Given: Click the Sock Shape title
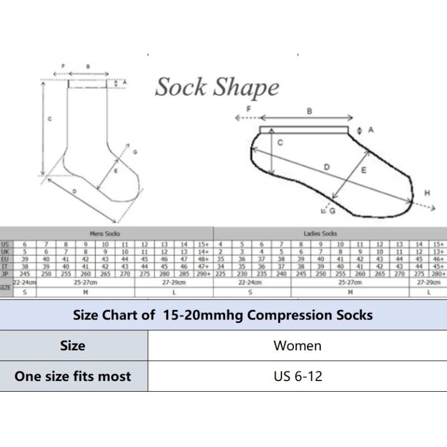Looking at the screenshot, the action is [217, 88].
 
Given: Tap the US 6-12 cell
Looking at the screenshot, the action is [298, 376].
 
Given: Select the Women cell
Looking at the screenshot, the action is [297, 345].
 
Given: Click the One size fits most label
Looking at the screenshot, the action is [73, 376].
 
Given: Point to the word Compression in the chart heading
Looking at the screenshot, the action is [282, 315].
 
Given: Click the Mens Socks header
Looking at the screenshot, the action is [105, 234].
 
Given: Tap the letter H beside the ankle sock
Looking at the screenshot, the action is [427, 193].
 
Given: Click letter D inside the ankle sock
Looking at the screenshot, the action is [327, 167].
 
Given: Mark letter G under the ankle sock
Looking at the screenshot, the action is [332, 211].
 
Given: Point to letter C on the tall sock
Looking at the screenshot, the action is [50, 119].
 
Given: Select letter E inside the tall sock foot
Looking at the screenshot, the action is [116, 171].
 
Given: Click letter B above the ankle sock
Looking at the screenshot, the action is [309, 111].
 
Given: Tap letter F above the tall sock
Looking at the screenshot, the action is [63, 66].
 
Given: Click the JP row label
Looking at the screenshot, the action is [5, 274].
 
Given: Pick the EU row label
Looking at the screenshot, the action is [5, 259].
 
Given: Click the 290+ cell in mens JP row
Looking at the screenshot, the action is [204, 274].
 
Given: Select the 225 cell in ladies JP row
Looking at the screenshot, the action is [221, 274].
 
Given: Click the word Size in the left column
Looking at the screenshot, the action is [73, 345].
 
